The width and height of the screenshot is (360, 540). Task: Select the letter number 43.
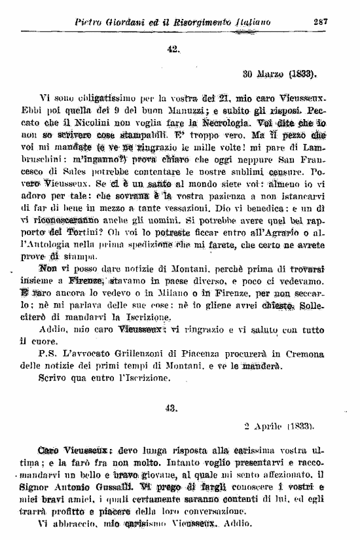pos(173,407)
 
